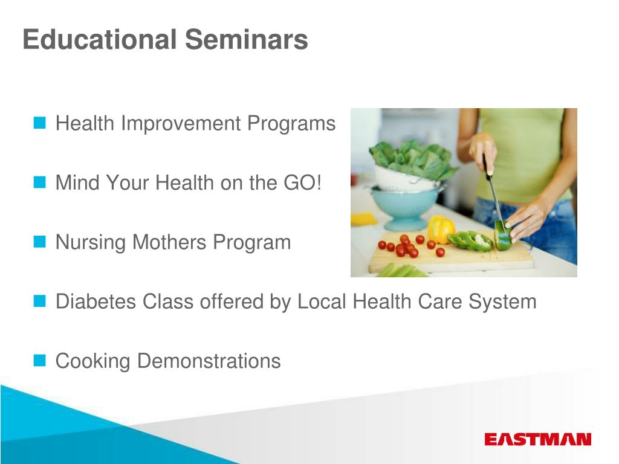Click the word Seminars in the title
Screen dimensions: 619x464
click(247, 39)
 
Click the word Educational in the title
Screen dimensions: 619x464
click(100, 39)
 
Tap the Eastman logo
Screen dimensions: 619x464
click(537, 439)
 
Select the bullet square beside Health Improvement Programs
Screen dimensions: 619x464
click(40, 123)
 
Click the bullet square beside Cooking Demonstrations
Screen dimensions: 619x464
click(40, 360)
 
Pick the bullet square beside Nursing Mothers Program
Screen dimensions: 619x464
click(40, 242)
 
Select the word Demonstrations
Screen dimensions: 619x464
click(209, 361)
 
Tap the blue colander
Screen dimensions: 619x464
click(405, 207)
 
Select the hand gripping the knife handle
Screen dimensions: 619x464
click(483, 152)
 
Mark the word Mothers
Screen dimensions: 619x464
click(169, 242)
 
